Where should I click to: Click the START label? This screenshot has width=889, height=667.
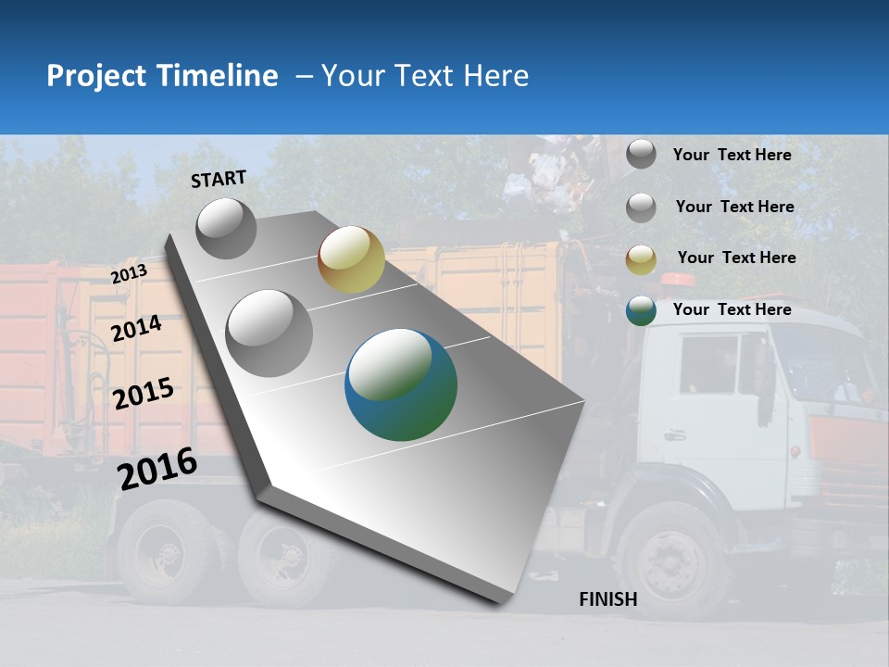coord(219,179)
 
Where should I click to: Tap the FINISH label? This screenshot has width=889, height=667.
coord(607,599)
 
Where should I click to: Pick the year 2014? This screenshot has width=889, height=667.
coord(136,329)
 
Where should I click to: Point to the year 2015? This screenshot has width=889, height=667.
coord(143,394)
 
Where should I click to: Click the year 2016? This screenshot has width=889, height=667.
coord(157,468)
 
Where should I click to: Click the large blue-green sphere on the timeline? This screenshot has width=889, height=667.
coord(401,384)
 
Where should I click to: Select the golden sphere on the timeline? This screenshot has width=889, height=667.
coord(351,259)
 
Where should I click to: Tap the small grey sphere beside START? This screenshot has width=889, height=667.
coord(226,228)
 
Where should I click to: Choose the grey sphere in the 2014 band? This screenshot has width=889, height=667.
coord(269,333)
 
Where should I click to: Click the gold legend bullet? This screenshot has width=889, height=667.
coord(641,259)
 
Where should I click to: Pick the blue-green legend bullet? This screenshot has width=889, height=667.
coord(641,310)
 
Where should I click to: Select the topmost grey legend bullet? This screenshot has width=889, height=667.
coord(641,154)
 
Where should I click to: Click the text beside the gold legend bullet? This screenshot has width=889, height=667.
coord(736,258)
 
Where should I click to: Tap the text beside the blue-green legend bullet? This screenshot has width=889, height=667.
coord(732,309)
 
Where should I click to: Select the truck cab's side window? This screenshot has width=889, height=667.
coord(708,363)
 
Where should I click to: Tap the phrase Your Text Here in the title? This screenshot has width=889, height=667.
coord(424,76)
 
